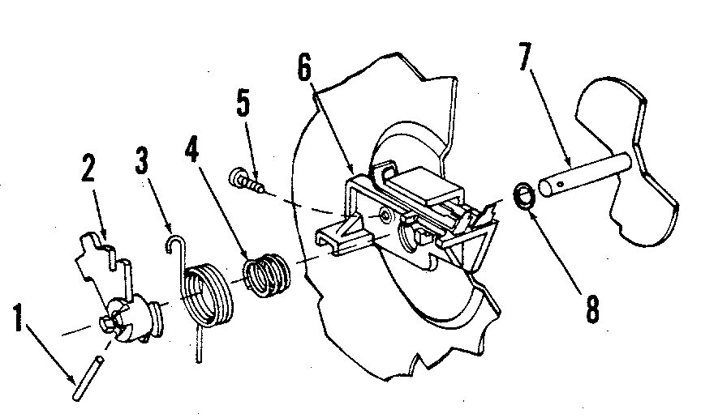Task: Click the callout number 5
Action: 243,104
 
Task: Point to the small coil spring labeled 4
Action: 266,274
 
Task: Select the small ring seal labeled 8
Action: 523,196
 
